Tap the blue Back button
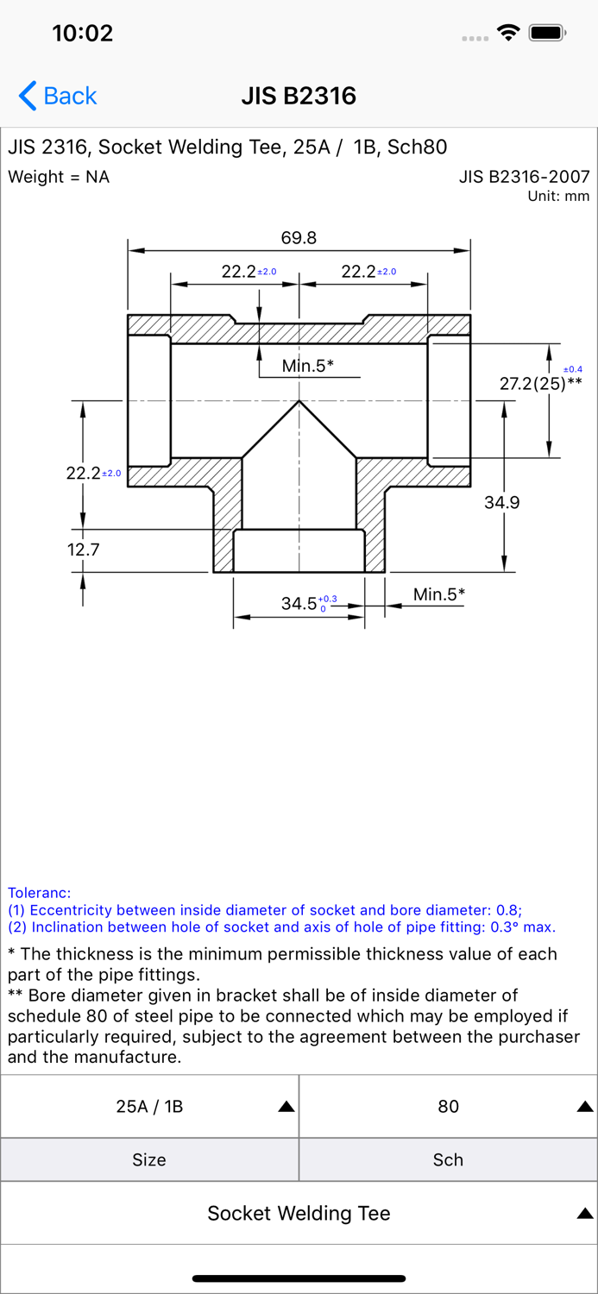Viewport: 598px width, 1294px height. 58,95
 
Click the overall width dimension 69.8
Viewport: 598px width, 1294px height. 299,237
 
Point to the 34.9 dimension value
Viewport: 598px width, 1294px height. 501,502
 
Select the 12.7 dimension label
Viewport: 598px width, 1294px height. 83,550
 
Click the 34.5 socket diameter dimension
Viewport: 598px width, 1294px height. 299,604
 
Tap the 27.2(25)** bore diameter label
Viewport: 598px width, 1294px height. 540,383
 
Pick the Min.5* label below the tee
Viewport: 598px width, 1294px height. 439,594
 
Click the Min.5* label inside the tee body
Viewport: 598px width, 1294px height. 307,366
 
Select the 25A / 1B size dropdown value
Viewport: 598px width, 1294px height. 149,1106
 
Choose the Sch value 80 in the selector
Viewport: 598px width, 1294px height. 449,1106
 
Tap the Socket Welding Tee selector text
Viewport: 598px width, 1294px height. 299,1213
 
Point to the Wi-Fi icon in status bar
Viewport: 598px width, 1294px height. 508,33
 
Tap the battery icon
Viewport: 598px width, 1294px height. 547,33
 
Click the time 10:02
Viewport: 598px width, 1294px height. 83,33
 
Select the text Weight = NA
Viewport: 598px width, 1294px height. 59,177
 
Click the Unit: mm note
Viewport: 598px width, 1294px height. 558,196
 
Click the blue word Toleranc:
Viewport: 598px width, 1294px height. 40,893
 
